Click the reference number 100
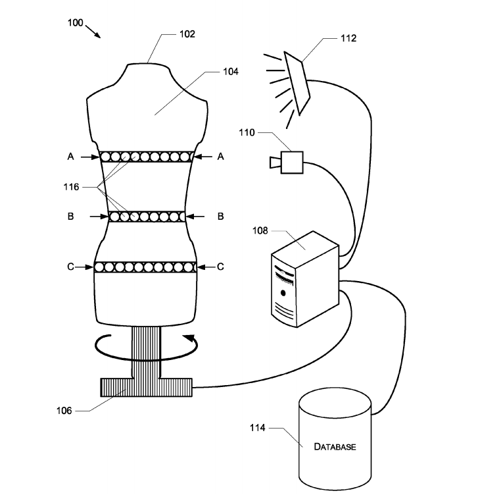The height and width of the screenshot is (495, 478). [x=76, y=23]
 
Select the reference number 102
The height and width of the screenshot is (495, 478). [x=187, y=34]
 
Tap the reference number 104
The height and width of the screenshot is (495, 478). [x=231, y=72]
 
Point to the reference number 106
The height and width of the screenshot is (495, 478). [x=64, y=411]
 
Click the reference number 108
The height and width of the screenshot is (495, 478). [x=260, y=231]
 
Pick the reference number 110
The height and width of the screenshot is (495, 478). [x=247, y=132]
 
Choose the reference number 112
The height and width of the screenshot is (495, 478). [x=348, y=38]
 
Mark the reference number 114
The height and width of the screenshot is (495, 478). [x=258, y=428]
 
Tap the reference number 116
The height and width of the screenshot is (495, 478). [x=71, y=187]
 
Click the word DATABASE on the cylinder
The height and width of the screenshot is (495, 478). [x=335, y=447]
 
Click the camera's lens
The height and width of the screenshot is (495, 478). [x=275, y=163]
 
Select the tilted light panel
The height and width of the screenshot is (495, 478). [x=297, y=84]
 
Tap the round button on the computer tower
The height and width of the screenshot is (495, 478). [x=283, y=294]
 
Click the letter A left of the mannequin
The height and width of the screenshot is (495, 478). [x=70, y=157]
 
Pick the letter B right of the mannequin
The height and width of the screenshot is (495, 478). [x=221, y=217]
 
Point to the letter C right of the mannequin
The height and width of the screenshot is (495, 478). [x=220, y=267]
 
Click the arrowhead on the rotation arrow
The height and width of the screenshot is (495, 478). [x=189, y=338]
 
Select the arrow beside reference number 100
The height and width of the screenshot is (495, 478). [x=93, y=32]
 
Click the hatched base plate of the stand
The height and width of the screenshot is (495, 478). [x=147, y=387]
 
